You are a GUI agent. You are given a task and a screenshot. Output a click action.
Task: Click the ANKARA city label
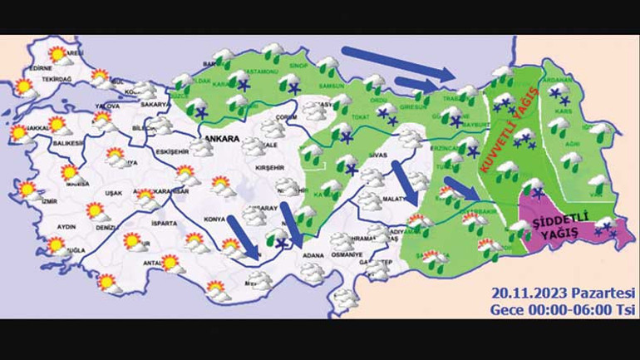[220, 139]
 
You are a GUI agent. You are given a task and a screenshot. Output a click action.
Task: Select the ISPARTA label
[164, 224]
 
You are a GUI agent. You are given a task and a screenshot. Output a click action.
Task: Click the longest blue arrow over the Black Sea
[395, 65]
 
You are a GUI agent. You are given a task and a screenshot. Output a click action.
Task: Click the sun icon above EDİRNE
[57, 56]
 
